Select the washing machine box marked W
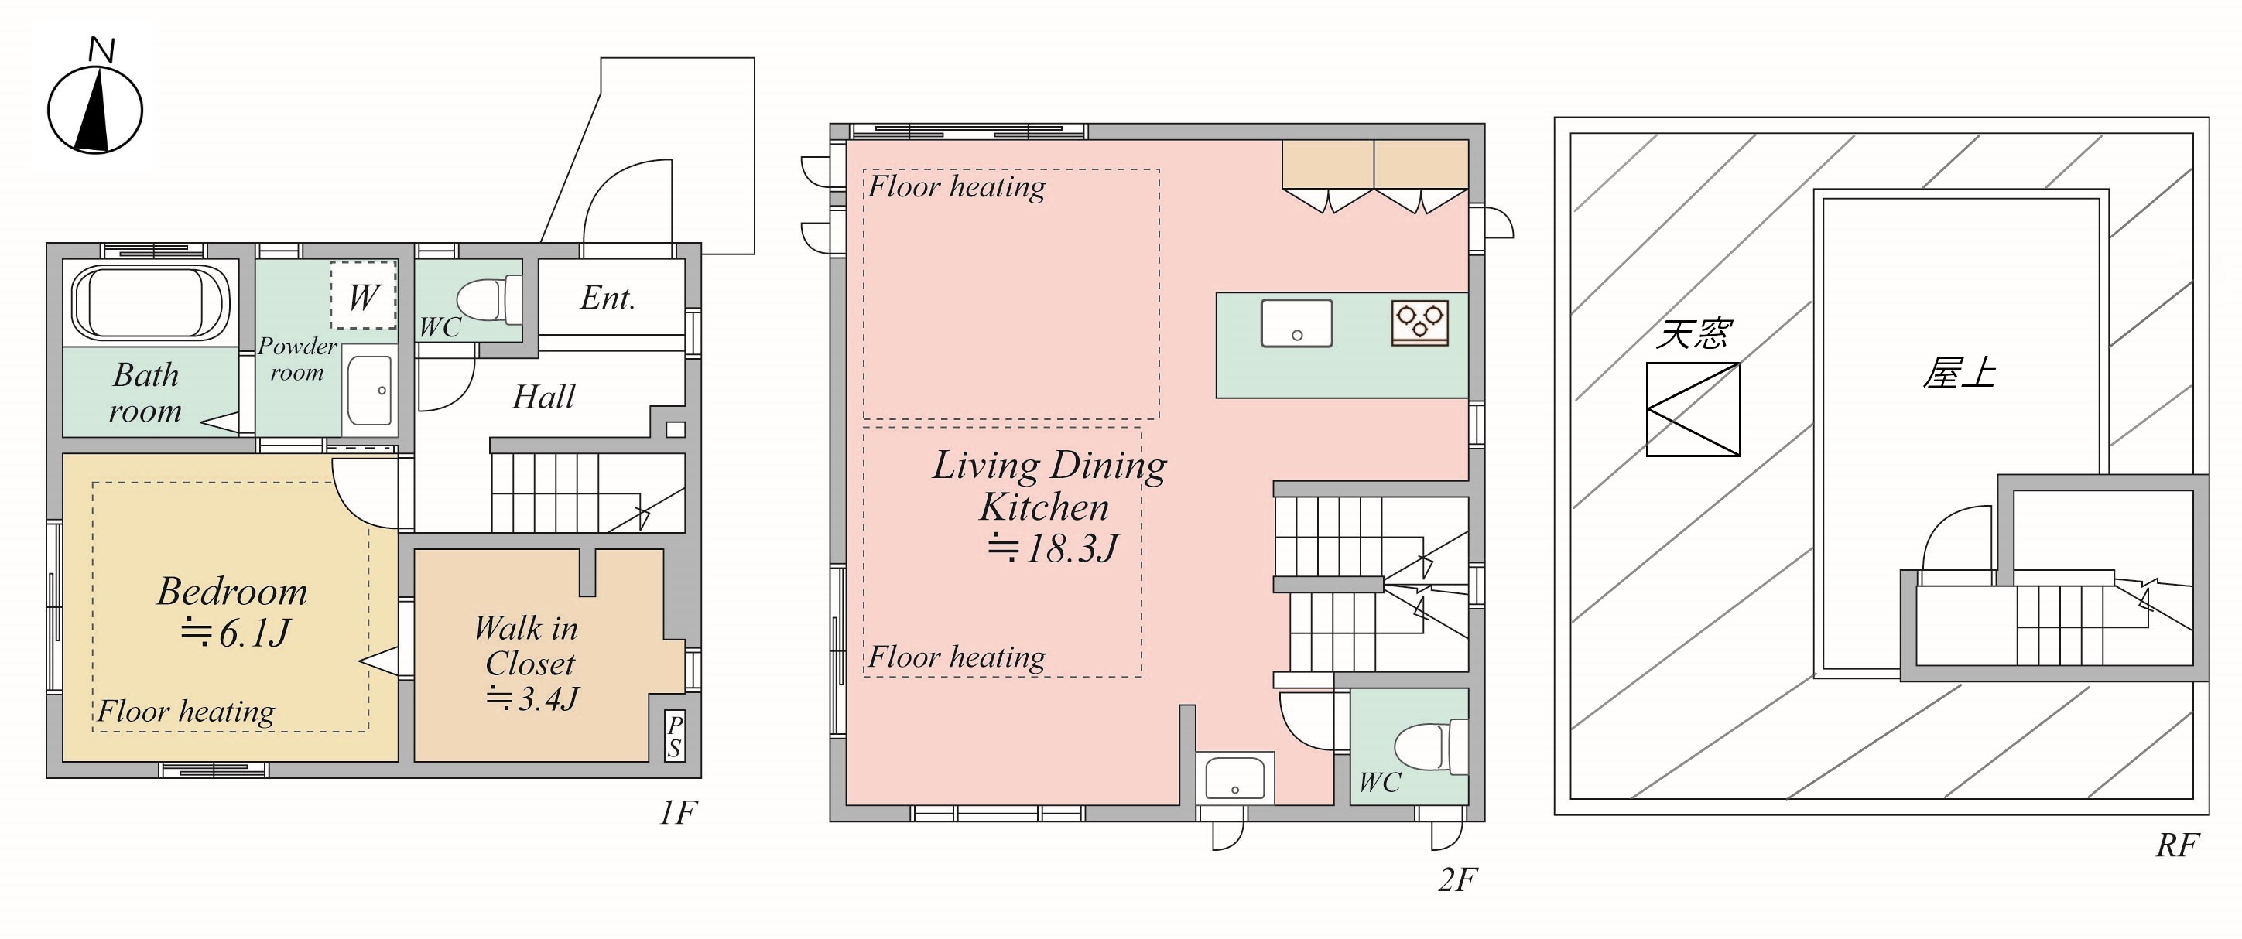pyautogui.click(x=363, y=294)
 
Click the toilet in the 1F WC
pyautogui.click(x=488, y=299)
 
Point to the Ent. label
pyautogui.click(x=608, y=298)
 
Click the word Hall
pyautogui.click(x=544, y=397)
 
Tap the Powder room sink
pyautogui.click(x=370, y=390)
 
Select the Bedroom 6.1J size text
pyautogui.click(x=234, y=633)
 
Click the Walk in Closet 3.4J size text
pyautogui.click(x=532, y=698)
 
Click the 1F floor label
pyautogui.click(x=678, y=813)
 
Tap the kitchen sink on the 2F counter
pyautogui.click(x=1297, y=323)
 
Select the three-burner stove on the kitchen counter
pyautogui.click(x=1419, y=323)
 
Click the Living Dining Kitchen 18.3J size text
pyautogui.click(x=1053, y=548)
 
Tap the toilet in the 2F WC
pyautogui.click(x=1432, y=746)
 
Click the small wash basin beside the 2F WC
pyautogui.click(x=1235, y=778)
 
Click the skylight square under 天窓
pyautogui.click(x=1693, y=409)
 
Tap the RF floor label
pyautogui.click(x=2177, y=845)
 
